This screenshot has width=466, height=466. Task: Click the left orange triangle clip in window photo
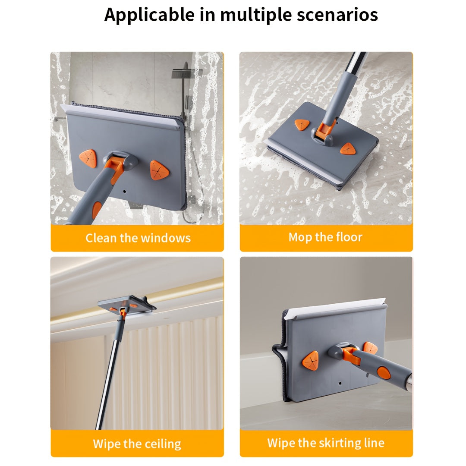pyautogui.click(x=88, y=158)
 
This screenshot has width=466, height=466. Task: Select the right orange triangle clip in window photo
pyautogui.click(x=159, y=170)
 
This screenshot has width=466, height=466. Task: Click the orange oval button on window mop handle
pyautogui.click(x=97, y=210)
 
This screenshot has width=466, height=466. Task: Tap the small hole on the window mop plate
pyautogui.click(x=124, y=190)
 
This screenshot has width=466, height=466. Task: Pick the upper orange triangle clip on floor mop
pyautogui.click(x=302, y=125)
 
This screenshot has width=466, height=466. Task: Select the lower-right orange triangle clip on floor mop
pyautogui.click(x=347, y=149)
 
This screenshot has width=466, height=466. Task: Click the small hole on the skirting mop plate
pyautogui.click(x=340, y=383)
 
